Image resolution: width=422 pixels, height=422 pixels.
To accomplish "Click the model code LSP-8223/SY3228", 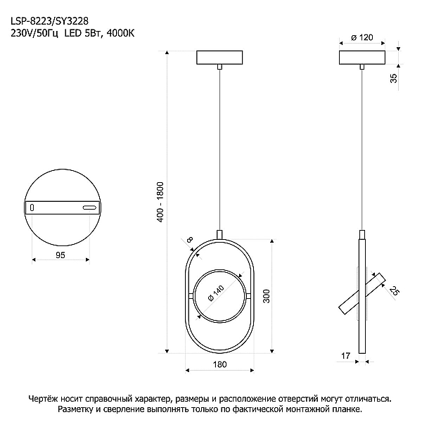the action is pyautogui.click(x=49, y=20).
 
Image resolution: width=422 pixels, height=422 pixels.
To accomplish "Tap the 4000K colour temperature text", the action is pyautogui.click(x=120, y=33).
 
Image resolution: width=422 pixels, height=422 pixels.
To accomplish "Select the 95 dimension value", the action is pyautogui.click(x=60, y=255).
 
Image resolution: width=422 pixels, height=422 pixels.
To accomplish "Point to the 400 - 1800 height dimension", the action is pyautogui.click(x=160, y=202).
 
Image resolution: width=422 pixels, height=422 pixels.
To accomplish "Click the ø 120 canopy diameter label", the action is pyautogui.click(x=362, y=37).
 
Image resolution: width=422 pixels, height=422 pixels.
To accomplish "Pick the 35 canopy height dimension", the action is pyautogui.click(x=393, y=78).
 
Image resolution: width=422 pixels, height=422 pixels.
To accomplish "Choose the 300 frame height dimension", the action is pyautogui.click(x=266, y=296).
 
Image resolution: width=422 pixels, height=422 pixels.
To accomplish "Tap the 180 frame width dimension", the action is pyautogui.click(x=220, y=364).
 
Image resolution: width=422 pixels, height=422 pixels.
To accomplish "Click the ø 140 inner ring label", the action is pyautogui.click(x=216, y=293).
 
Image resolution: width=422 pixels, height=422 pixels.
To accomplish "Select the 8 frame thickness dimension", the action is pyautogui.click(x=190, y=239).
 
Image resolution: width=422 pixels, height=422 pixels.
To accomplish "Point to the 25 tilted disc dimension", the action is pyautogui.click(x=395, y=291).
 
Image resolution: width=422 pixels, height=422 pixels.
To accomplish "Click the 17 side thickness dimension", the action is pyautogui.click(x=345, y=356).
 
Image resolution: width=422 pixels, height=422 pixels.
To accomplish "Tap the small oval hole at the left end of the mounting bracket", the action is pyautogui.click(x=32, y=207).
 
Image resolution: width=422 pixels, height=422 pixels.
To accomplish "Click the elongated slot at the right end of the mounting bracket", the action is pyautogui.click(x=89, y=207).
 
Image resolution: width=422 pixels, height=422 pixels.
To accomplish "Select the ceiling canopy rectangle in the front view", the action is pyautogui.click(x=219, y=58).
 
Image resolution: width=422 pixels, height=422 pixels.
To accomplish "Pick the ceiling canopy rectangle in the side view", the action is pyautogui.click(x=362, y=58).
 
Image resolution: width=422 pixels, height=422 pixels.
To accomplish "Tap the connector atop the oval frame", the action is pyautogui.click(x=219, y=234).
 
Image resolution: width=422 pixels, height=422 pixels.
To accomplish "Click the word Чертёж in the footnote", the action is pyautogui.click(x=43, y=399).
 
